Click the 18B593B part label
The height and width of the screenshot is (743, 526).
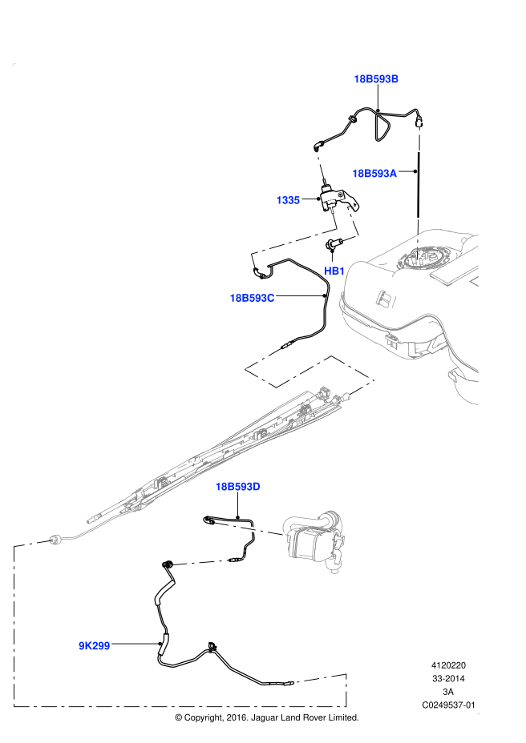coord(376,79)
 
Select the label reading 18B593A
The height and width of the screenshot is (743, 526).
coord(374,174)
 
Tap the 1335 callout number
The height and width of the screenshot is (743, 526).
coord(288,200)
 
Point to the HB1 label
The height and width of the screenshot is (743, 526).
coord(334,271)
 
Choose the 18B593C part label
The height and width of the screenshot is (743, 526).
coord(252,298)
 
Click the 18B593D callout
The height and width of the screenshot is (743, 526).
coord(237,487)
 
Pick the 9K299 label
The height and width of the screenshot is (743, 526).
coord(94,646)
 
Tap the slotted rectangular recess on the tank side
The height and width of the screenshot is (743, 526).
coord(386,299)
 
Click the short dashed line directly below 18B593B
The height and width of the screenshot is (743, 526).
coord(419,138)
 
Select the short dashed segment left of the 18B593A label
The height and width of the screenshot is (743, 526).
coord(320,164)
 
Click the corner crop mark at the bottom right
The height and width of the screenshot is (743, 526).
coord(478,713)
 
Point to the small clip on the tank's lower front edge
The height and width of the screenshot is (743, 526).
coord(392,339)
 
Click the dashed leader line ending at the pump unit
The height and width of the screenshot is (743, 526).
coord(250,529)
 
